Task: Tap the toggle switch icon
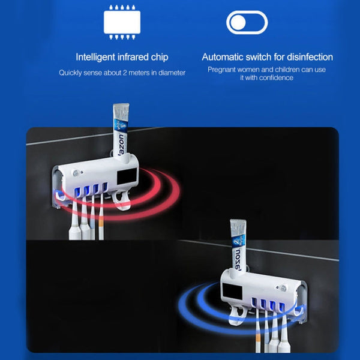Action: (x=247, y=23)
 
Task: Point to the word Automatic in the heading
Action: (x=221, y=58)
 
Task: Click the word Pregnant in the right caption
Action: (x=222, y=70)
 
